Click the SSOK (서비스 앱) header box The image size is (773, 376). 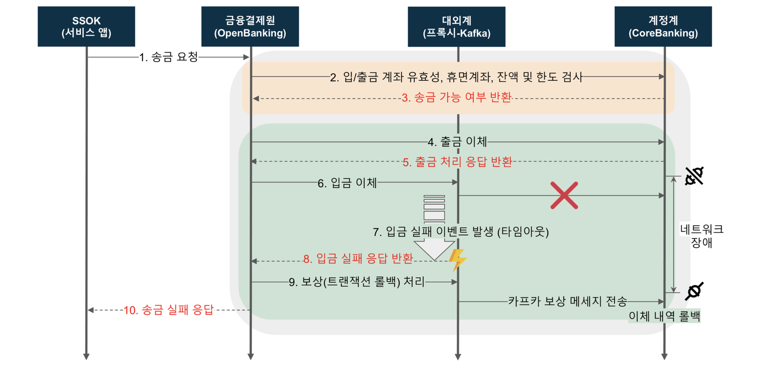click(x=86, y=27)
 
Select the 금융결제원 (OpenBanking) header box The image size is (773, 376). click(x=250, y=27)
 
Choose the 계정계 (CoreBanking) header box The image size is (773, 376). click(x=663, y=27)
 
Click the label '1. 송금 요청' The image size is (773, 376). click(x=168, y=57)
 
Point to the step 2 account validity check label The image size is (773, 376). click(x=456, y=77)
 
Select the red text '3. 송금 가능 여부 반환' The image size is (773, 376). click(x=456, y=97)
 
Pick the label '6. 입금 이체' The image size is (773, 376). click(x=347, y=183)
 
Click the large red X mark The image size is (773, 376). click(x=564, y=195)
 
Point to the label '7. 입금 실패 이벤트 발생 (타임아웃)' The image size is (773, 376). click(x=461, y=232)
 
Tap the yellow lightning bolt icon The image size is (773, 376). click(x=457, y=260)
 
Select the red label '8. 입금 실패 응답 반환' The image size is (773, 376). click(x=358, y=259)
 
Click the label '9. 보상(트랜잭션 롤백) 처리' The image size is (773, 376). click(x=356, y=282)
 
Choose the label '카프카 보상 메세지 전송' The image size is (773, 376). click(x=567, y=301)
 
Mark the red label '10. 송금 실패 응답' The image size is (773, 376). click(x=168, y=310)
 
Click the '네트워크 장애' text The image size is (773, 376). click(x=701, y=236)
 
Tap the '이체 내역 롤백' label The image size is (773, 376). click(x=664, y=316)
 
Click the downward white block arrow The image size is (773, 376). click(x=434, y=249)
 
